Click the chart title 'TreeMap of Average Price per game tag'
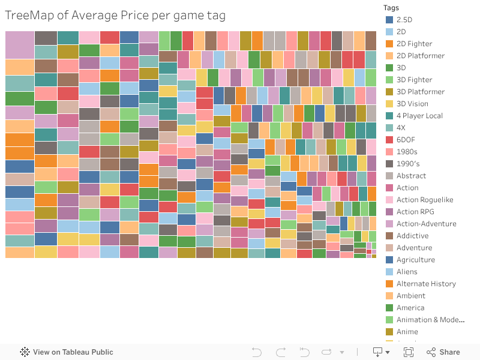(x=115, y=16)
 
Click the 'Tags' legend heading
(x=392, y=8)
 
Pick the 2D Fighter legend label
(x=414, y=44)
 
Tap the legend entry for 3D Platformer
(x=420, y=92)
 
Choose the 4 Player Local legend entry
(x=419, y=116)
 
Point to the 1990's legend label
(x=408, y=164)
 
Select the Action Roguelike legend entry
(x=425, y=200)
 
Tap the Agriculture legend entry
(x=415, y=260)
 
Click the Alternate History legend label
(x=426, y=284)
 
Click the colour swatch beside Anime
(x=389, y=332)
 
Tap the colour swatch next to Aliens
(x=389, y=272)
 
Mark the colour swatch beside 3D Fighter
(x=389, y=80)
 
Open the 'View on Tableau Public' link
(x=73, y=352)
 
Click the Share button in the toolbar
(x=443, y=352)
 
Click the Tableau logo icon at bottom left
(x=25, y=352)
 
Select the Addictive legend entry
(x=412, y=236)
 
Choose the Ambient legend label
(x=410, y=296)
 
